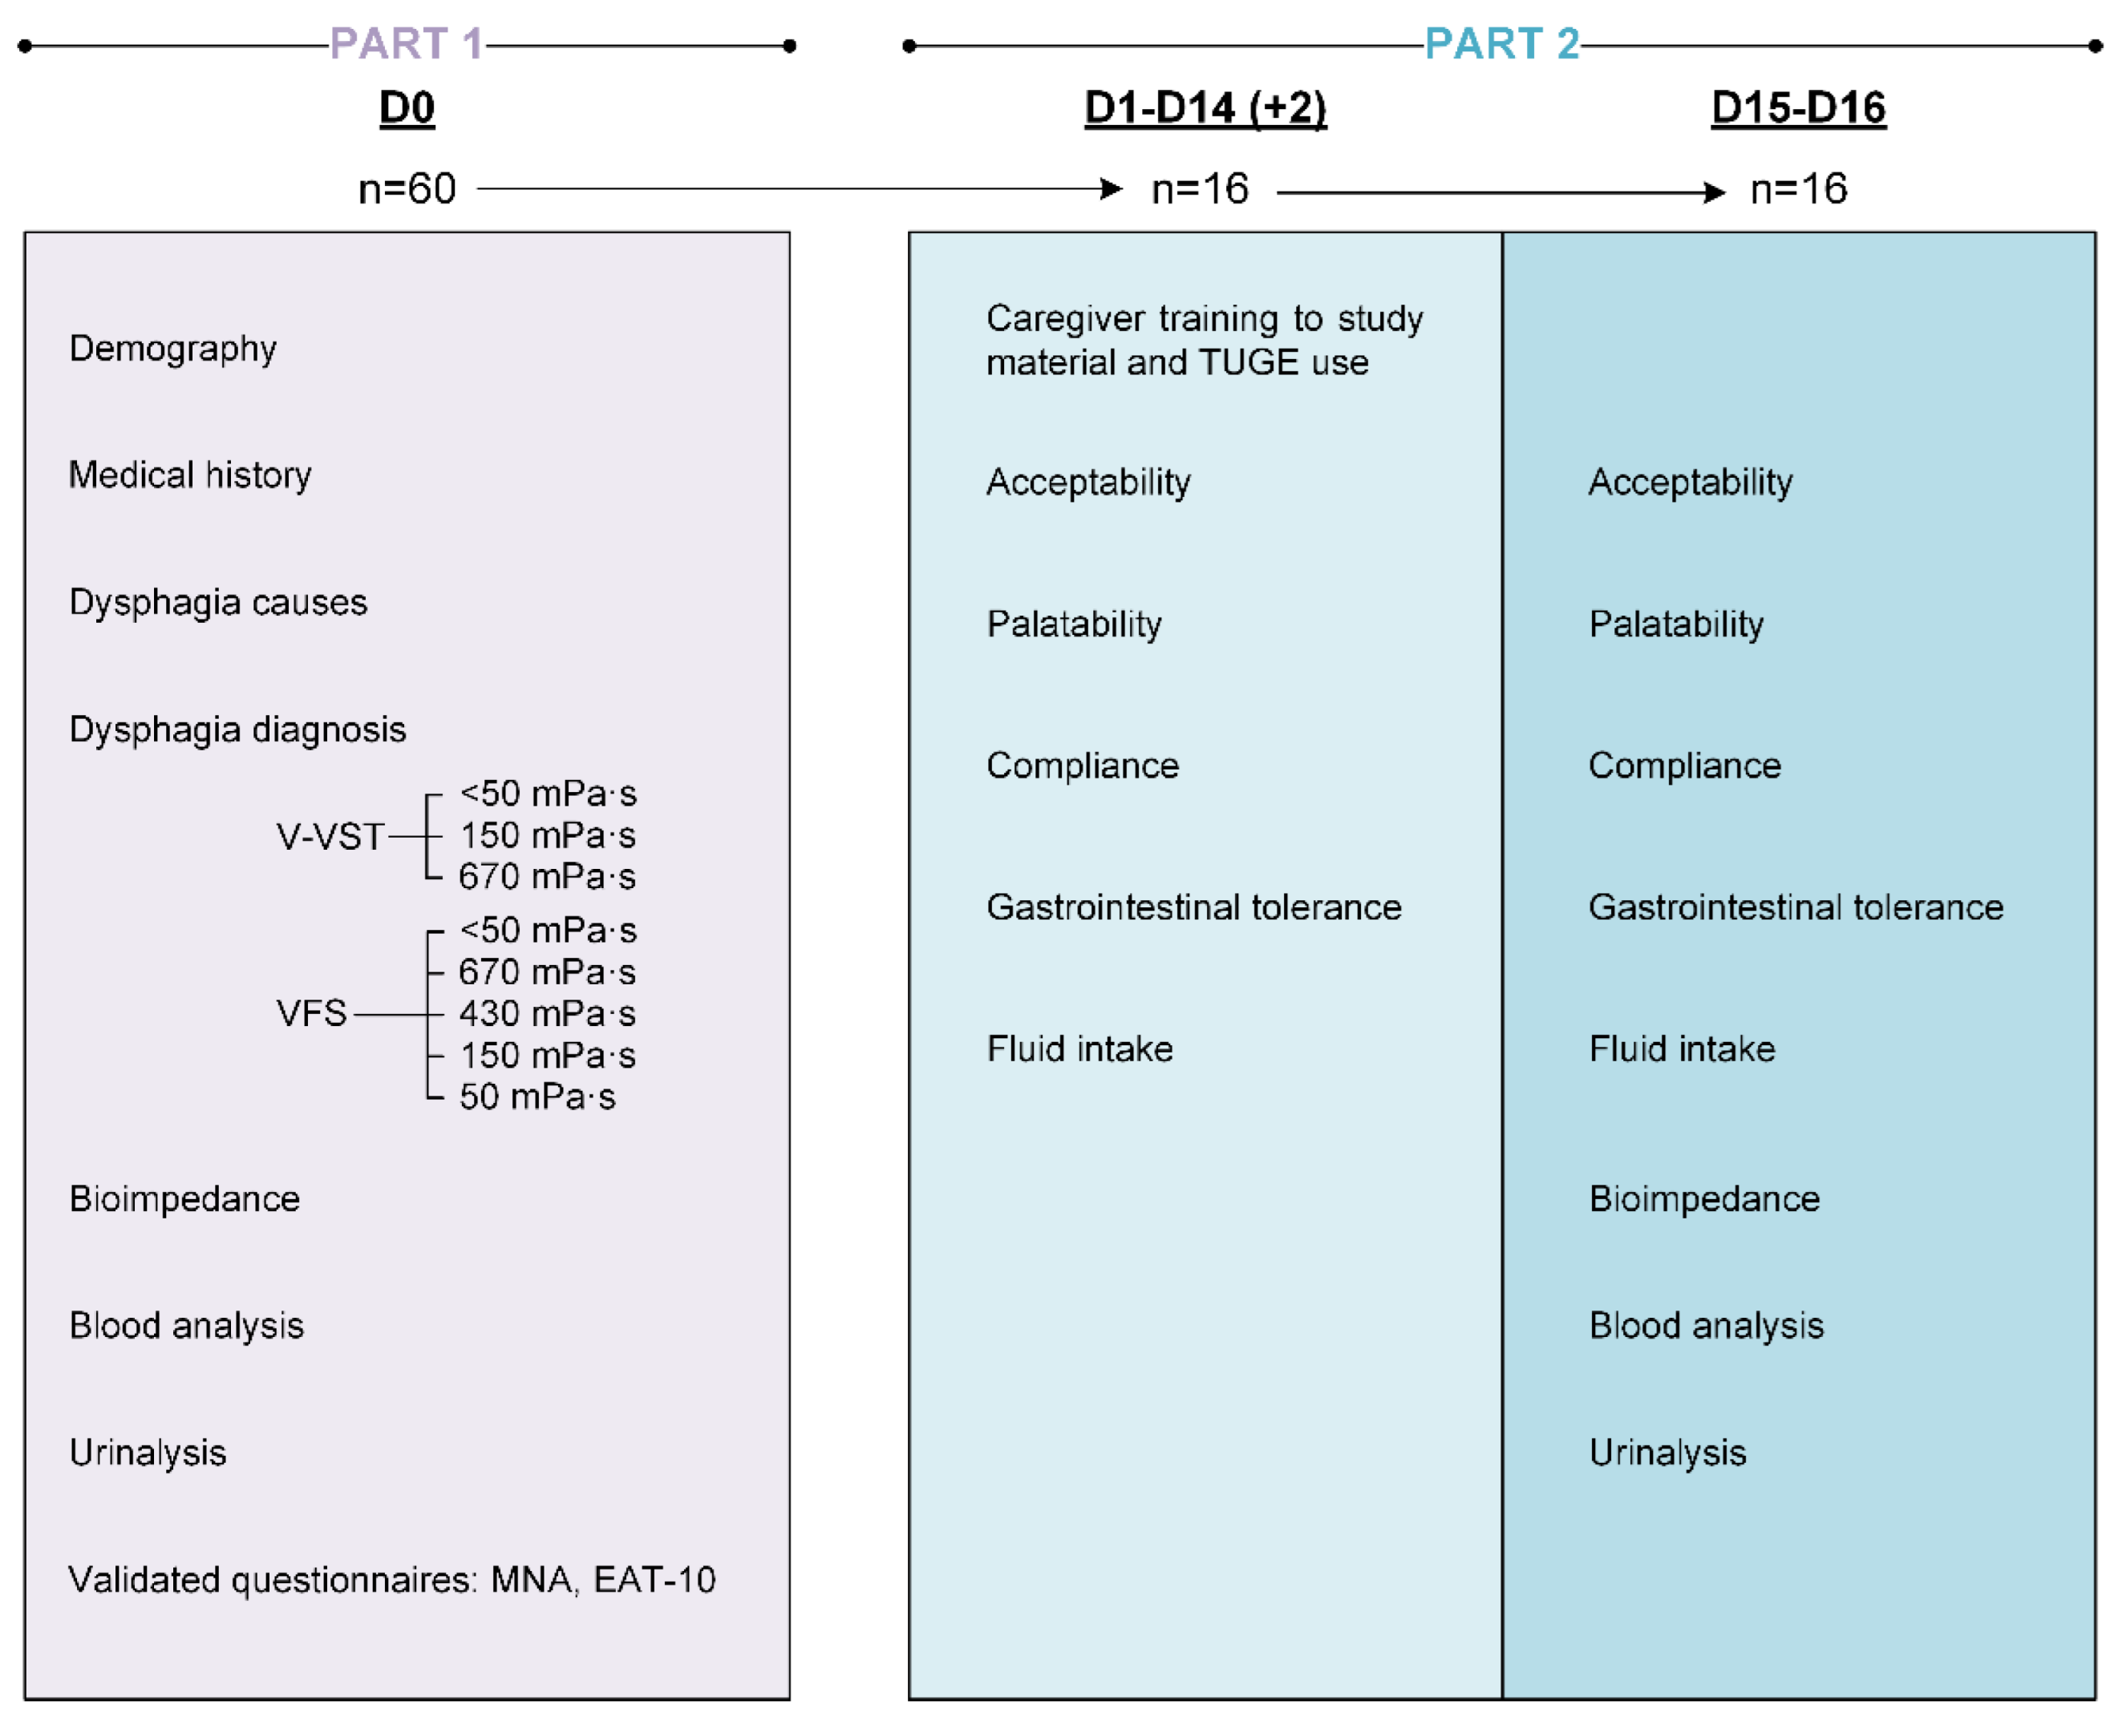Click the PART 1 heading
click(x=406, y=44)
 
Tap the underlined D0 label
click(x=407, y=107)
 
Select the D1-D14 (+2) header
click(x=1205, y=107)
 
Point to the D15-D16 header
click(x=1797, y=107)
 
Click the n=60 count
click(x=407, y=189)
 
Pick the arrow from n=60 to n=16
click(x=795, y=189)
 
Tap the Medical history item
click(x=190, y=475)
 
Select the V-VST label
click(x=330, y=837)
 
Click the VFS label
click(x=311, y=1013)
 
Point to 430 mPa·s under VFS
click(x=547, y=1013)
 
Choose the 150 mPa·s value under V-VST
click(x=547, y=836)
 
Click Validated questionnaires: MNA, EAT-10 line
click(x=391, y=1580)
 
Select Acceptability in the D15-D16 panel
click(x=1690, y=482)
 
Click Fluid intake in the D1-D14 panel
click(x=1079, y=1049)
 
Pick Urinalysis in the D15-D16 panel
click(x=1666, y=1452)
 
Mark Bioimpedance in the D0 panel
click(x=184, y=1199)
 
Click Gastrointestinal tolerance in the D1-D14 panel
click(x=1193, y=907)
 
